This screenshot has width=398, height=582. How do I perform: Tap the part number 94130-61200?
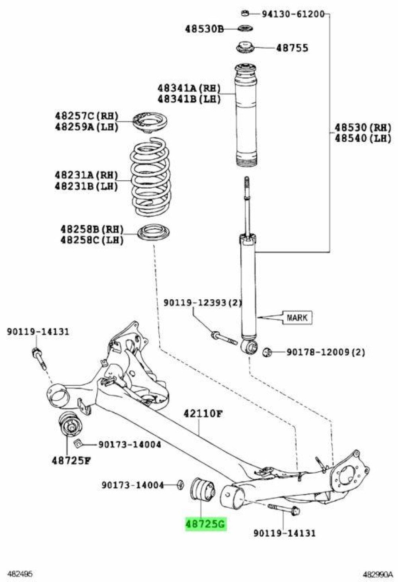(293, 15)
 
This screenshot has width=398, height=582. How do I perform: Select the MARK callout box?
(297, 317)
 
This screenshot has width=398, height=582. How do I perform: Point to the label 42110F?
(202, 414)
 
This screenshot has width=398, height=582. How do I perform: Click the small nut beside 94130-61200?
(245, 14)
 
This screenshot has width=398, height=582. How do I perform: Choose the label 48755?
(292, 48)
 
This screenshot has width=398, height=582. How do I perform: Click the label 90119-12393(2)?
(202, 303)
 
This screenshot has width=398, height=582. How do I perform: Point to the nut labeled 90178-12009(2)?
(267, 352)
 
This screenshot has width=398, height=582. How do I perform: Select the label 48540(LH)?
(363, 138)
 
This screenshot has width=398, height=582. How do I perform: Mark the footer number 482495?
(20, 574)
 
